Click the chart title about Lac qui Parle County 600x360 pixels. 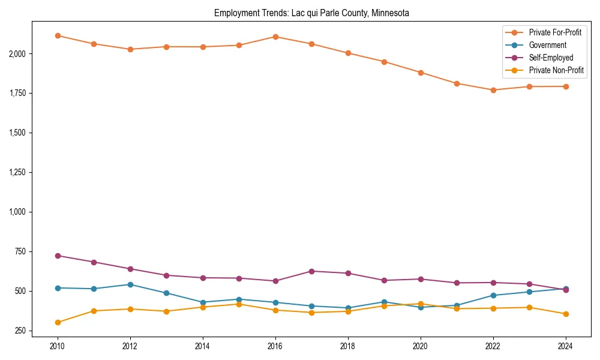click(x=311, y=13)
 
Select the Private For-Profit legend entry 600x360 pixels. click(x=555, y=32)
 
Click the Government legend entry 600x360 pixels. click(x=547, y=45)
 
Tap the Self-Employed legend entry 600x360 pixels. click(x=551, y=58)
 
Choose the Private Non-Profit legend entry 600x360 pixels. click(x=556, y=70)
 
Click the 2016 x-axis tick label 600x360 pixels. click(x=275, y=346)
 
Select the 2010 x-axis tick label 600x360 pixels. click(x=58, y=346)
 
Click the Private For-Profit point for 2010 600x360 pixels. click(x=58, y=35)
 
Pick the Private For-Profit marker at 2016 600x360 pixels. click(x=275, y=37)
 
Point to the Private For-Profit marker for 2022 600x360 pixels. click(x=493, y=90)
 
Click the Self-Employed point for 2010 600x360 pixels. click(x=58, y=256)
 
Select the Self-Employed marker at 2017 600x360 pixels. click(x=311, y=271)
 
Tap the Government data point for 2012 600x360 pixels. click(x=130, y=284)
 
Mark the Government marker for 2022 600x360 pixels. click(x=493, y=295)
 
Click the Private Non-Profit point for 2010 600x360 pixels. click(x=58, y=322)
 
